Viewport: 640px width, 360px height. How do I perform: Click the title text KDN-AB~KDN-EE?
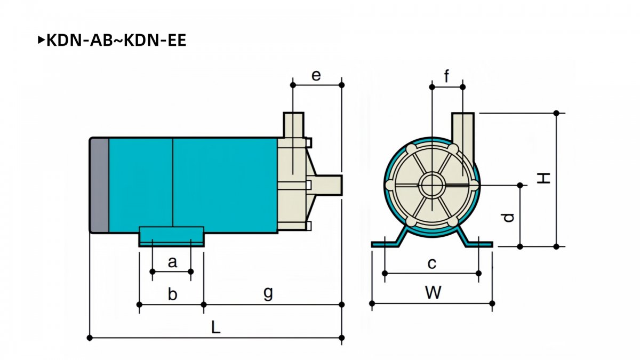(116, 40)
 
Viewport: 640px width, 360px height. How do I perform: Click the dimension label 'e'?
(316, 76)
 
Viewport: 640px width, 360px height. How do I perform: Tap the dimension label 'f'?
(446, 76)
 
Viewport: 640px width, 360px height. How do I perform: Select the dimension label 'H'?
(543, 178)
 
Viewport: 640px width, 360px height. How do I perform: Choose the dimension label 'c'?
(431, 263)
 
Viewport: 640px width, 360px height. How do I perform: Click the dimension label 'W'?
(434, 293)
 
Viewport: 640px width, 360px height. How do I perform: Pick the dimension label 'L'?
(215, 327)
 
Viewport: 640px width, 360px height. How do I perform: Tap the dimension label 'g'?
(268, 293)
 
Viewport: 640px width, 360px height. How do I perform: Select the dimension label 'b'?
(172, 294)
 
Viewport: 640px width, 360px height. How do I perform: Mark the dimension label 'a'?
(172, 262)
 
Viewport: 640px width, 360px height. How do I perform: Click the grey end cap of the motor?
(99, 185)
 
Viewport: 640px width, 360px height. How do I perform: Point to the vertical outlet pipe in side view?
(293, 125)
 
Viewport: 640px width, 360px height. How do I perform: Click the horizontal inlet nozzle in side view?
(328, 185)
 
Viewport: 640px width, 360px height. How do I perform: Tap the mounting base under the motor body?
(171, 237)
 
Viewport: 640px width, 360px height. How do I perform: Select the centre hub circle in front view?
(432, 186)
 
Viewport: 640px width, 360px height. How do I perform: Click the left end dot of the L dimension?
(90, 338)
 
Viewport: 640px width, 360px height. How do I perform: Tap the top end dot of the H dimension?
(556, 113)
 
